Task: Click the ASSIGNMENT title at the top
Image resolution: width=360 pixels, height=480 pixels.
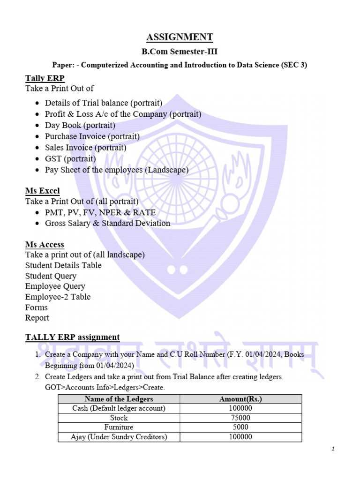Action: pos(180,37)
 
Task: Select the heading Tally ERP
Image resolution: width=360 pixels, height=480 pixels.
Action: pos(45,78)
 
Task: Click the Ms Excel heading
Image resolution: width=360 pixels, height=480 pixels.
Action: pos(43,191)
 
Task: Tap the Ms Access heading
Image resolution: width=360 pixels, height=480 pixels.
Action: pos(45,244)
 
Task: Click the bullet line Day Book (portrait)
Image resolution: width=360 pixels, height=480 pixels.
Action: pos(80,125)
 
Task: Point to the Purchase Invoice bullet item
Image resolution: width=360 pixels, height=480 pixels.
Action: pos(92,136)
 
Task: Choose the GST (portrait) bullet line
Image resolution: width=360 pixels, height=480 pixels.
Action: pos(70,159)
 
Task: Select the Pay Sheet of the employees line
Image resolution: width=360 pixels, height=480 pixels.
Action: pos(117,170)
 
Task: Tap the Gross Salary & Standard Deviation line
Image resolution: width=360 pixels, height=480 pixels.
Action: pos(107,223)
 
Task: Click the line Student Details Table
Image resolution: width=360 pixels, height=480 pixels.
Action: pos(63,265)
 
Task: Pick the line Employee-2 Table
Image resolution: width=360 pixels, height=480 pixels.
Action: pos(58,297)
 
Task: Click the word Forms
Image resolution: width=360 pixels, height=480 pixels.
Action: pos(37,307)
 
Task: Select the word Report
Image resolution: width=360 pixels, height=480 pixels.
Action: pos(37,318)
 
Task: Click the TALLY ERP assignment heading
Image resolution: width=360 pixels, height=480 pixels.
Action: pos(73,337)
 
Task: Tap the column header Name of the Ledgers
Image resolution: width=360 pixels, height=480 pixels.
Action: pos(119,399)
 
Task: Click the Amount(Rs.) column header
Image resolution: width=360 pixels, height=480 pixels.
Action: pos(240,399)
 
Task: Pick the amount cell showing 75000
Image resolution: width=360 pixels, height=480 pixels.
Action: pos(240,418)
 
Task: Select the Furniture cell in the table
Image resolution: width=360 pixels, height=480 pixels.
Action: pos(119,427)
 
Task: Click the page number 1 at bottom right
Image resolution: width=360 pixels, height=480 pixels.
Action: pos(332,449)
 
